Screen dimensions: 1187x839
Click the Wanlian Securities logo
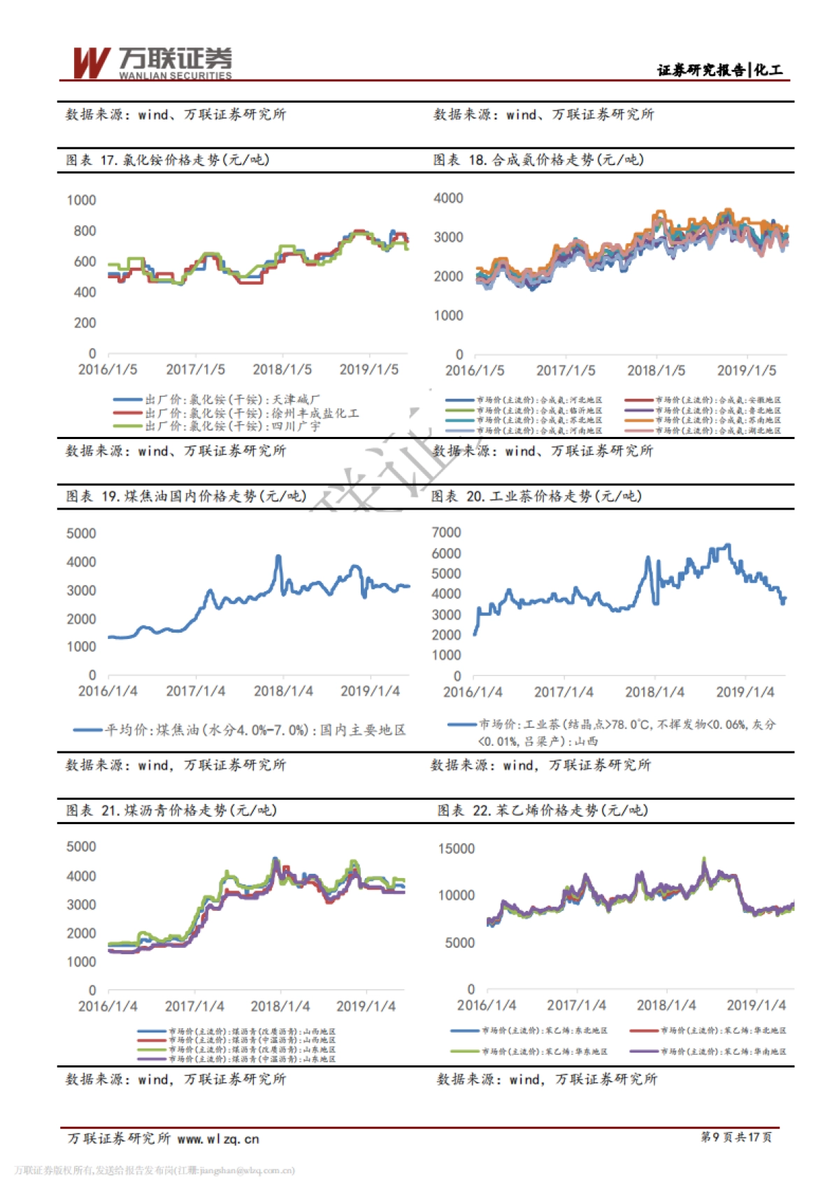(152, 63)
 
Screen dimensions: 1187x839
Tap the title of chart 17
(168, 160)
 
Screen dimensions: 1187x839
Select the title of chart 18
(538, 160)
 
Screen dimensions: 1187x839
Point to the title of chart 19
(186, 496)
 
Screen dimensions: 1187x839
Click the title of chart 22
(543, 810)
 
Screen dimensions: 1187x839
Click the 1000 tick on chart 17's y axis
(81, 201)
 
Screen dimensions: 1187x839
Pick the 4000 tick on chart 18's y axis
(448, 199)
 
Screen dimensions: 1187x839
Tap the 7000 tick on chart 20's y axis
(446, 533)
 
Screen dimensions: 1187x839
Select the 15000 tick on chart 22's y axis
(456, 849)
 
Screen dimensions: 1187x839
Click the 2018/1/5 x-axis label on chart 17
(282, 369)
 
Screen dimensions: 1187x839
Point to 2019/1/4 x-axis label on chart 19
(370, 691)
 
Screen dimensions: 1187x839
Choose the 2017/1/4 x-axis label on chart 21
(194, 1006)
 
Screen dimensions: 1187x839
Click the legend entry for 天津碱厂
(217, 400)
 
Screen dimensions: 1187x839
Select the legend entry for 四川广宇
(217, 426)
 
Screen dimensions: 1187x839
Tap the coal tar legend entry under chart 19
(240, 730)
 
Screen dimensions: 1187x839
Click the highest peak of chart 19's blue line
(278, 556)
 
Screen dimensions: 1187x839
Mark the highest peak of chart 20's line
(728, 545)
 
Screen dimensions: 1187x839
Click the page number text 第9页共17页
(736, 1137)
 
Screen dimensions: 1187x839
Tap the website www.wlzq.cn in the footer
(218, 1139)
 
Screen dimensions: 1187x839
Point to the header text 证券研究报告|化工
(719, 70)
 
